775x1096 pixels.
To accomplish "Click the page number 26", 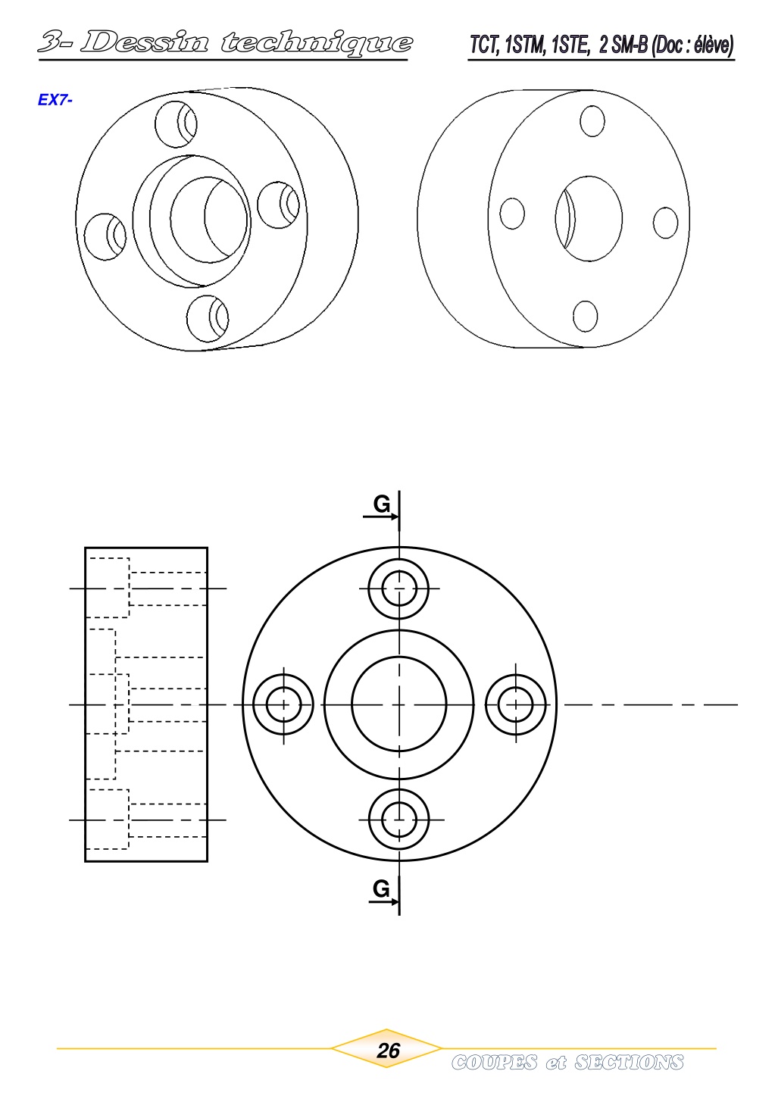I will pyautogui.click(x=388, y=1050).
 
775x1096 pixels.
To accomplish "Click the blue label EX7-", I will pyautogui.click(x=55, y=100).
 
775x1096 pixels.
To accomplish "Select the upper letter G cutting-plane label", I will pyautogui.click(x=383, y=504).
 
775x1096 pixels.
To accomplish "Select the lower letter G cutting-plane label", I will pyautogui.click(x=382, y=888).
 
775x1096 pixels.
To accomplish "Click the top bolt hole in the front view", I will pyautogui.click(x=399, y=589).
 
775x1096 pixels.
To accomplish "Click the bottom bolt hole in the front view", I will pyautogui.click(x=399, y=819).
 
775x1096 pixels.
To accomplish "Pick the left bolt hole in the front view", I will pyautogui.click(x=283, y=704).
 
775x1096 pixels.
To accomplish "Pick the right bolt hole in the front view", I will pyautogui.click(x=516, y=704).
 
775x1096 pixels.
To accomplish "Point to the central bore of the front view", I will pyautogui.click(x=399, y=704).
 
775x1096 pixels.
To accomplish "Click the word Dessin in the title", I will pyautogui.click(x=143, y=42).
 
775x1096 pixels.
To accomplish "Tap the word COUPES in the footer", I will pyautogui.click(x=494, y=1062).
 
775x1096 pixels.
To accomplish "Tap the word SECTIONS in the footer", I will pyautogui.click(x=629, y=1062).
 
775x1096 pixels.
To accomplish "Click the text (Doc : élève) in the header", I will pyautogui.click(x=692, y=45).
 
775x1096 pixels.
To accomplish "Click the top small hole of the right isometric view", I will pyautogui.click(x=592, y=121).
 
